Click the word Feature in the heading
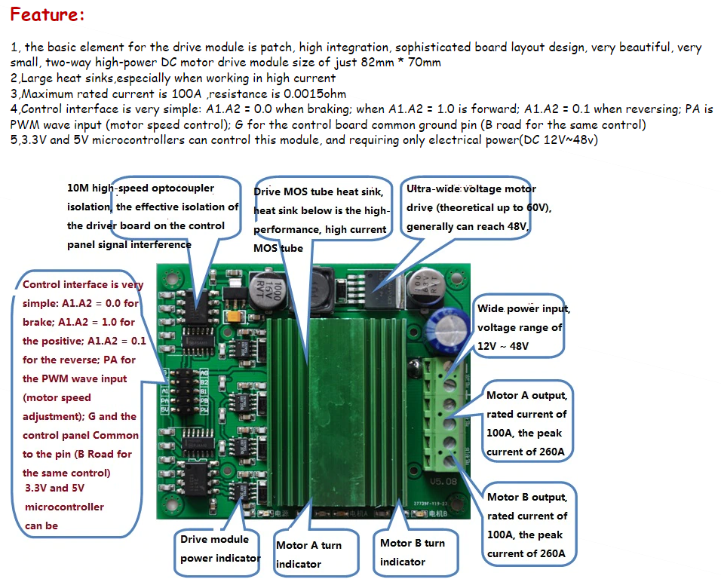[x=44, y=16]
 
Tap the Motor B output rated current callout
[x=527, y=525]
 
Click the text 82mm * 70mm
[x=401, y=63]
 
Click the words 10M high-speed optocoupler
[x=141, y=188]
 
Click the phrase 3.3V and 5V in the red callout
[x=54, y=489]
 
